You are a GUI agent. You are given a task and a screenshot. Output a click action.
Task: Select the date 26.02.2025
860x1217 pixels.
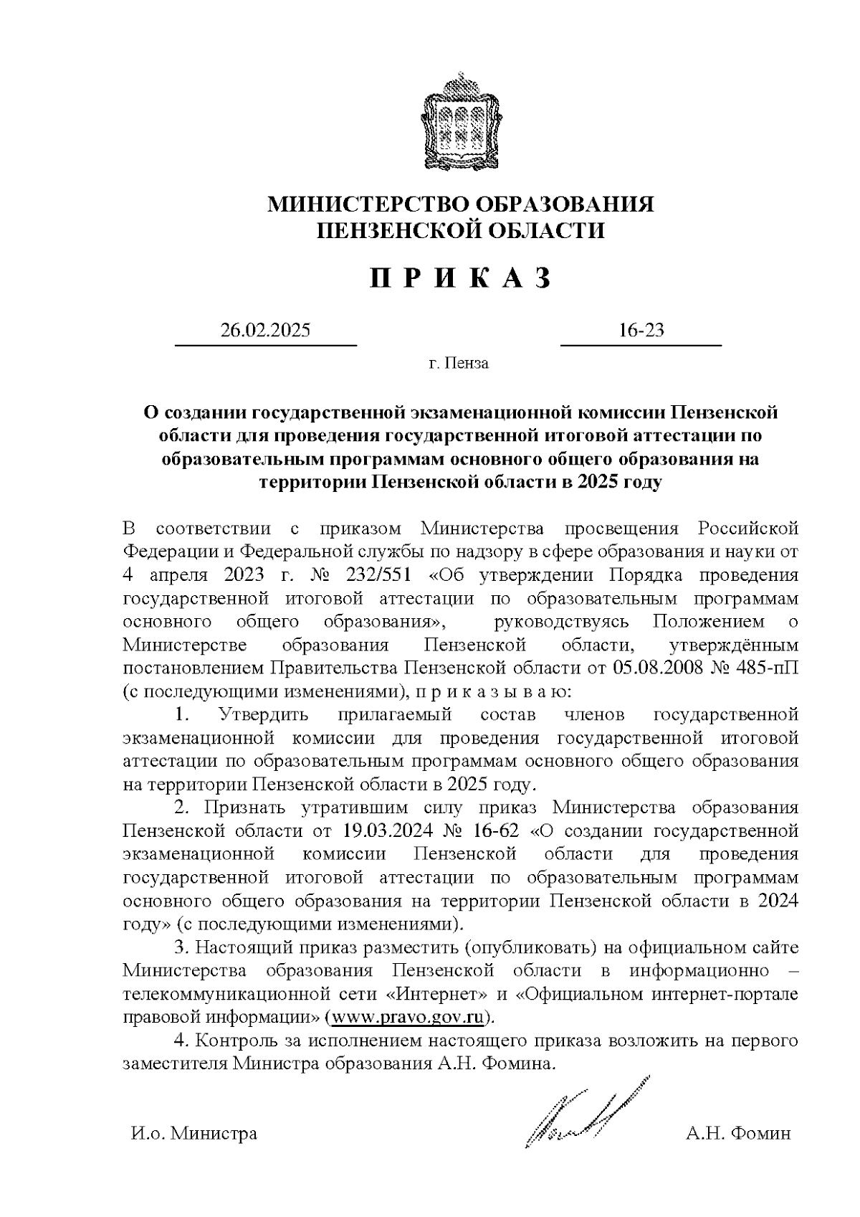point(265,331)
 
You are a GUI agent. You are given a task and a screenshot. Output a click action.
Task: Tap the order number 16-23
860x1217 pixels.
point(641,331)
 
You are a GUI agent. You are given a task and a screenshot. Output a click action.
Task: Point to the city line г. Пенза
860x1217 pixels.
point(459,364)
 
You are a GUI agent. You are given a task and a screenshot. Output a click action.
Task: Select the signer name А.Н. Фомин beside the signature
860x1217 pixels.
point(737,1135)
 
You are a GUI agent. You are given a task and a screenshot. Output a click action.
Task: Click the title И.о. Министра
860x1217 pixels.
point(193,1135)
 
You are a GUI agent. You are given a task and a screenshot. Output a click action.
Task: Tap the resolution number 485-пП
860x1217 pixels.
point(770,668)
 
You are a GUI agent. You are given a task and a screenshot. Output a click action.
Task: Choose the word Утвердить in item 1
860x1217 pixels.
point(264,715)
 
